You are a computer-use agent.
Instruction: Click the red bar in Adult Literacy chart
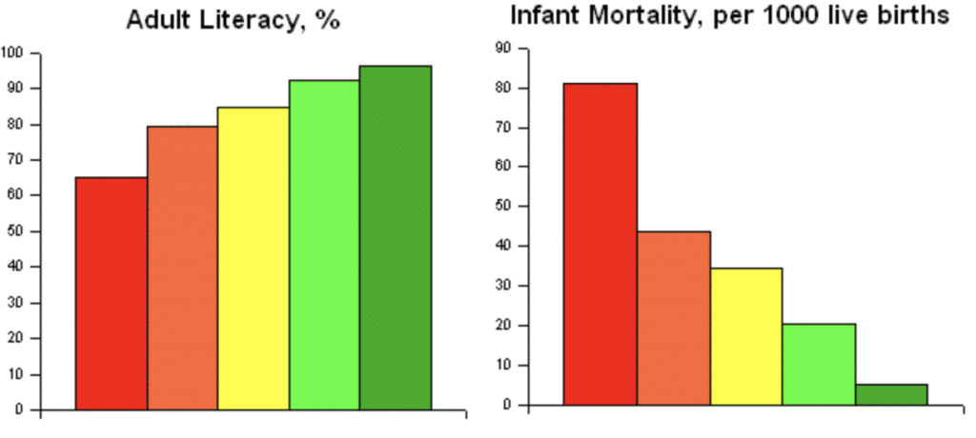[x=111, y=293]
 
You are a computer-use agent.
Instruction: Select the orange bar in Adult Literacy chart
[x=182, y=268]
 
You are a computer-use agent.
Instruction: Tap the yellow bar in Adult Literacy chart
[x=253, y=258]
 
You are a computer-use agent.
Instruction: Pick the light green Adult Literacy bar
[x=324, y=245]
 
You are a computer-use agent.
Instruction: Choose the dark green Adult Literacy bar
[x=395, y=237]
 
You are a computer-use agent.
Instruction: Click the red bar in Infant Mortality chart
[x=600, y=244]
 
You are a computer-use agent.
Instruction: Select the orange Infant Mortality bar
[x=674, y=318]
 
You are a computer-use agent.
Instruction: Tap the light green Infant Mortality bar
[x=819, y=364]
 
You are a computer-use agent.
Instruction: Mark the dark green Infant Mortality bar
[x=891, y=394]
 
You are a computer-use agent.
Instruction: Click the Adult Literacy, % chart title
[x=233, y=20]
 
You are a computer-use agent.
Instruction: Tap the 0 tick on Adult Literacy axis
[x=20, y=410]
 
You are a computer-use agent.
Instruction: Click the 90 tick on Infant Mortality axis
[x=504, y=48]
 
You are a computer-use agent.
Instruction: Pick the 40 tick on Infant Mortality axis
[x=504, y=246]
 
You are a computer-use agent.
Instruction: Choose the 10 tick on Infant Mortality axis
[x=504, y=365]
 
